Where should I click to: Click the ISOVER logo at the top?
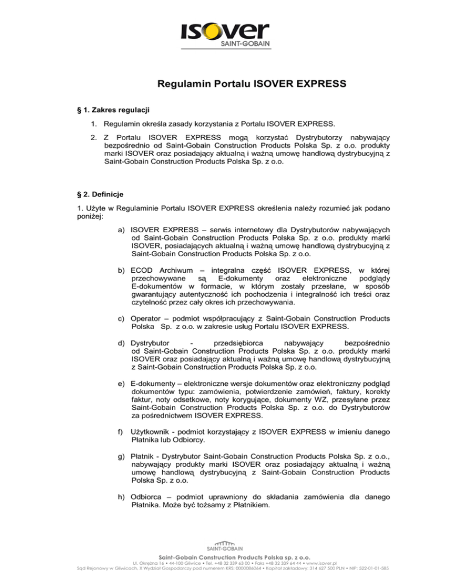point(224,35)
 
